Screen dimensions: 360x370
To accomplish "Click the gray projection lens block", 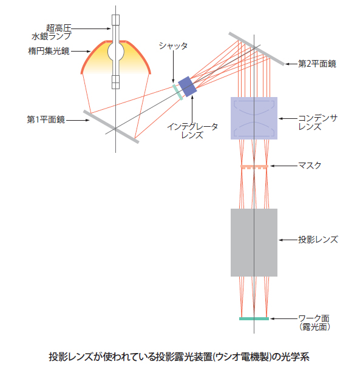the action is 254,243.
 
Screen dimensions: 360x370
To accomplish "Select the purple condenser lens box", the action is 254,118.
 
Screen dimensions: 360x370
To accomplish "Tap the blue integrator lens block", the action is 188,86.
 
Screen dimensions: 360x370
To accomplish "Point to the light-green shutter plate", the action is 178,92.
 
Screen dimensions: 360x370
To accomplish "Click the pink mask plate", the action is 254,167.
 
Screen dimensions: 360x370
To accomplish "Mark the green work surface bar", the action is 254,319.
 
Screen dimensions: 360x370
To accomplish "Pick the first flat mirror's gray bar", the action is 111,127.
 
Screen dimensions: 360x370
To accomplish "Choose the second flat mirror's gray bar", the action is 257,49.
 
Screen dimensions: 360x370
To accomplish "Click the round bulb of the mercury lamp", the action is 116,52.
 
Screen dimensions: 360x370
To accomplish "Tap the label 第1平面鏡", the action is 46,119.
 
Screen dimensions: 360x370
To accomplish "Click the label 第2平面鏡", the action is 318,64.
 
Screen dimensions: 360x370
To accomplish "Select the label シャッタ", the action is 173,45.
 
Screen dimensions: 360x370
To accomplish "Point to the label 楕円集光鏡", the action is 49,51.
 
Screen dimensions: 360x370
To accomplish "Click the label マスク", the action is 310,166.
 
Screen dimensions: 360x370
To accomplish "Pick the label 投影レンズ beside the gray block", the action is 318,240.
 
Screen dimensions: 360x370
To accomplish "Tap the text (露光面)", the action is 314,327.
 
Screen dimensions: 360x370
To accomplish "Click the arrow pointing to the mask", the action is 284,166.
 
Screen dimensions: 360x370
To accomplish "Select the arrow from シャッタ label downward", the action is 173,67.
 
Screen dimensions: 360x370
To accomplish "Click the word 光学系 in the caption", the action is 295,357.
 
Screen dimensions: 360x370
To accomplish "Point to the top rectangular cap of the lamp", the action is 115,20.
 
